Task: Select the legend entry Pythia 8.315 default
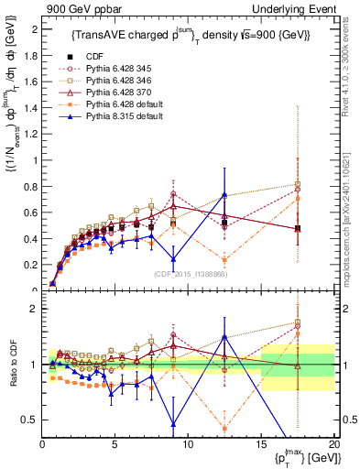coord(124,117)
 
